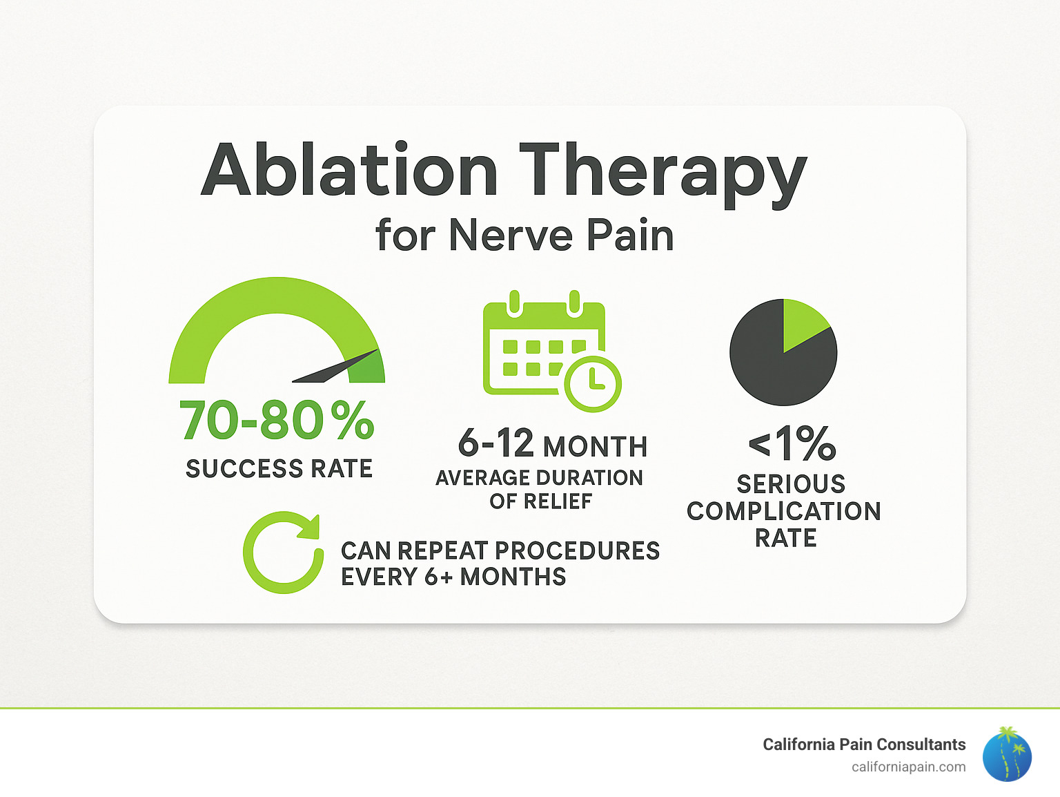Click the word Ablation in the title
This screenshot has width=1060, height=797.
tap(349, 170)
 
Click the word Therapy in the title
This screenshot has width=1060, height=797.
tap(662, 173)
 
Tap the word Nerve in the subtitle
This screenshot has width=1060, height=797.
tap(511, 236)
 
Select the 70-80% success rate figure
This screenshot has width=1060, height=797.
tap(277, 421)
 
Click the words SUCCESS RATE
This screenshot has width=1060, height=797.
tap(279, 469)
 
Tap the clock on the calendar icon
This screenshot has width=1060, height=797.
tap(593, 383)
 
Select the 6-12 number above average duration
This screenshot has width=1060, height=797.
tap(495, 443)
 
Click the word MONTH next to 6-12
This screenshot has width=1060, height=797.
tap(595, 447)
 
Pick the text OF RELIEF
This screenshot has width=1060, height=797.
tap(540, 501)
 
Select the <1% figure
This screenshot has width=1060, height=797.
tap(792, 443)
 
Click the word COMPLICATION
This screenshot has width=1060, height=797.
tap(784, 511)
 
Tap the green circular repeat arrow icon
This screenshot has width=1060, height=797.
tap(283, 553)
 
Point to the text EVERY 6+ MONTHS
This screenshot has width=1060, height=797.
tap(453, 577)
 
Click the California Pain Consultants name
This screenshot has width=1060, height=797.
tap(863, 745)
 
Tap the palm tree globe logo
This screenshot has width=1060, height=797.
tap(1007, 754)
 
